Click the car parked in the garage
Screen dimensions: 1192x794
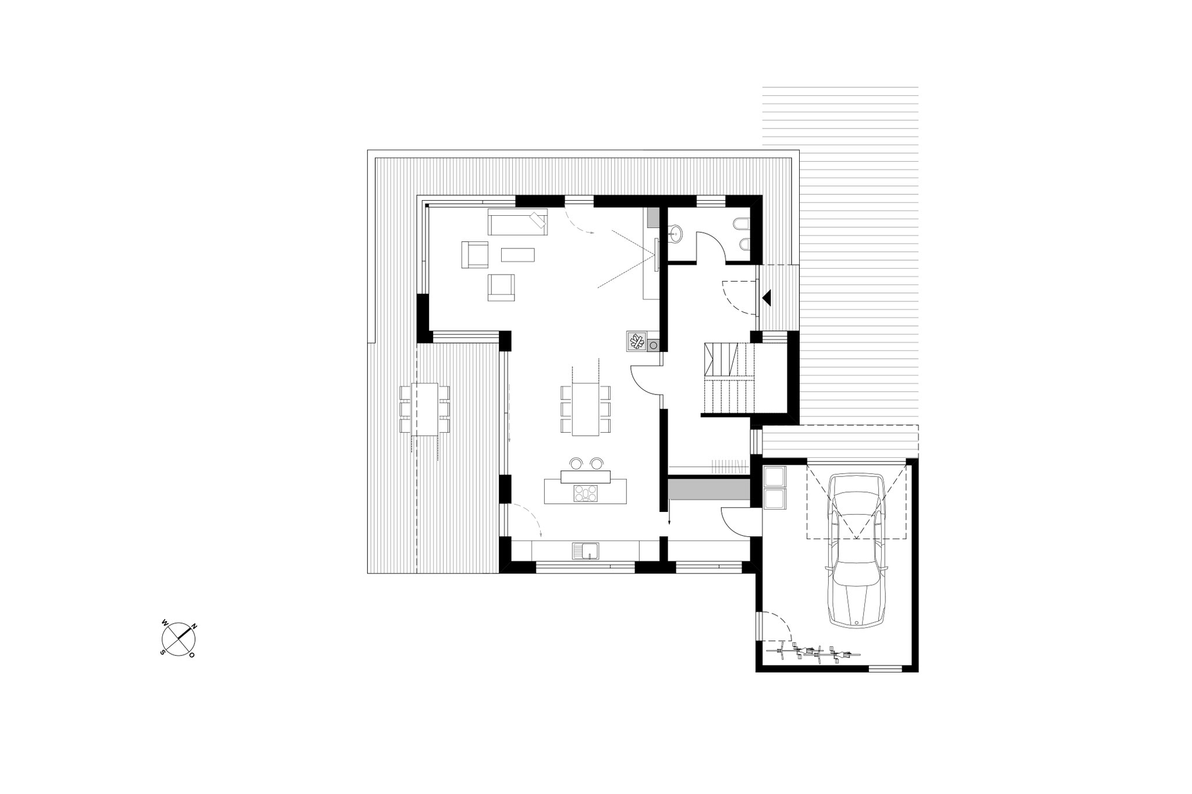click(x=856, y=550)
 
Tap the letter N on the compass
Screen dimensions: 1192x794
click(x=195, y=626)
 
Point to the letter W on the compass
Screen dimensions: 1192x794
click(x=165, y=623)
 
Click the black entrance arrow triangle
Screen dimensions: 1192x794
click(x=767, y=298)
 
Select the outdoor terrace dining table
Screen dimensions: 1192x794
click(x=425, y=409)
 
